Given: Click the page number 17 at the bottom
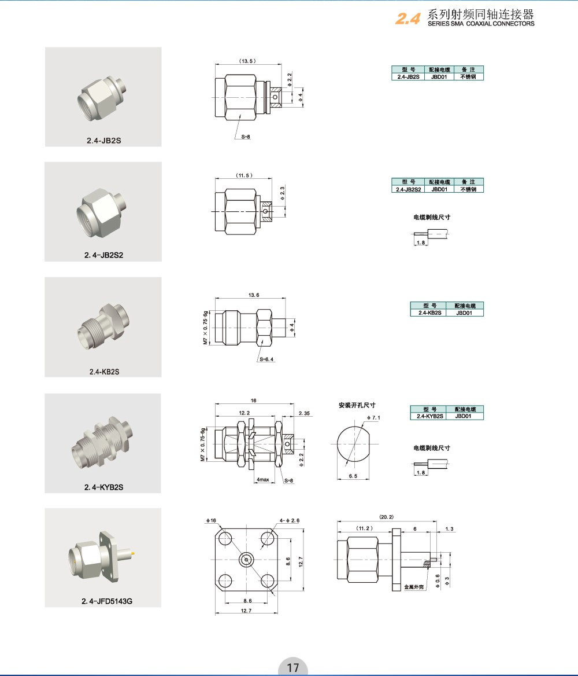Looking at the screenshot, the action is pyautogui.click(x=293, y=667).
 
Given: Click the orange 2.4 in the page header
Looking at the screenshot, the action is pyautogui.click(x=407, y=18).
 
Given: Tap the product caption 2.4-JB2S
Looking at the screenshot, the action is pyautogui.click(x=104, y=141).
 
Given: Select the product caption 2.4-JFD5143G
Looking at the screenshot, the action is pyautogui.click(x=107, y=601).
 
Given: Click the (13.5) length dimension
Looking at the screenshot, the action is pyautogui.click(x=247, y=61).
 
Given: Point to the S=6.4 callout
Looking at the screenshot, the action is pyautogui.click(x=266, y=359).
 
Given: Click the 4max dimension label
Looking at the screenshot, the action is pyautogui.click(x=263, y=479).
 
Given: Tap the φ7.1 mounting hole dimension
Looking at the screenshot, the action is pyautogui.click(x=373, y=417).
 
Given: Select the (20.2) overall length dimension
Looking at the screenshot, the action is pyautogui.click(x=386, y=516).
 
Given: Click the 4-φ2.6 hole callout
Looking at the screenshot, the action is pyautogui.click(x=290, y=520).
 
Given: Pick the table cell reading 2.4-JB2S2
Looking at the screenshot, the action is pyautogui.click(x=408, y=189).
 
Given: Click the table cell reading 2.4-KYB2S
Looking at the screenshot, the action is pyautogui.click(x=429, y=416).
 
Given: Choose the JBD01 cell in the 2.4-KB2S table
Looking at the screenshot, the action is pyautogui.click(x=464, y=313).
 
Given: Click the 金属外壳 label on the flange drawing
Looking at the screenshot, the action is pyautogui.click(x=413, y=587).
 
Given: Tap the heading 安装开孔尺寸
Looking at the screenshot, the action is pyautogui.click(x=357, y=405).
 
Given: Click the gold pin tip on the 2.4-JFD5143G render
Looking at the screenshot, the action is pyautogui.click(x=133, y=553).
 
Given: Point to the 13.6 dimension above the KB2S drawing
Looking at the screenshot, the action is pyautogui.click(x=254, y=295).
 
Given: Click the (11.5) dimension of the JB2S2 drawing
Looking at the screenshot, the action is pyautogui.click(x=244, y=175).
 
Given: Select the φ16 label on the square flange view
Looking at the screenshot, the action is pyautogui.click(x=211, y=520).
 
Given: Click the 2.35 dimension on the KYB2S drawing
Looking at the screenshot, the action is pyautogui.click(x=304, y=413).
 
